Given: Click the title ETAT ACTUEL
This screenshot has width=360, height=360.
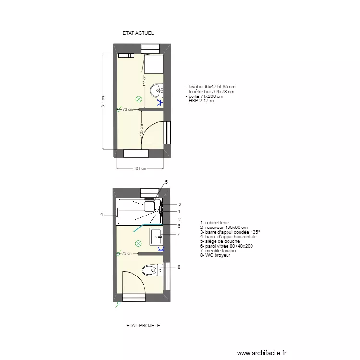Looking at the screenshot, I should pyautogui.click(x=138, y=33).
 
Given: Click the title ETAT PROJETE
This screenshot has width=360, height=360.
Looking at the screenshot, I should pyautogui.click(x=143, y=325).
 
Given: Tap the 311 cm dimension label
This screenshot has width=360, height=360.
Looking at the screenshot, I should pyautogui.click(x=103, y=100).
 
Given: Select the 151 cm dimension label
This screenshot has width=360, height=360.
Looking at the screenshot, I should pyautogui.click(x=140, y=168).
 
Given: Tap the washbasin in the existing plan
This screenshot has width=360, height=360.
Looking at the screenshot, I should pyautogui.click(x=157, y=90).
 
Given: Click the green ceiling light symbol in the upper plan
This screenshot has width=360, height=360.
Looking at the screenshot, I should pyautogui.click(x=139, y=99).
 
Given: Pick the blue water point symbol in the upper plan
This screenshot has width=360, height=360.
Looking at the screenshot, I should pyautogui.click(x=160, y=102).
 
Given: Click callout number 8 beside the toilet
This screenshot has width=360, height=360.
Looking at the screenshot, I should pyautogui.click(x=179, y=267).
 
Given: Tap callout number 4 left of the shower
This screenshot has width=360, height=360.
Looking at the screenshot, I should pyautogui.click(x=101, y=215).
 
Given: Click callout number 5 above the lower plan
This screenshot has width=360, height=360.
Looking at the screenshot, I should pyautogui.click(x=166, y=182).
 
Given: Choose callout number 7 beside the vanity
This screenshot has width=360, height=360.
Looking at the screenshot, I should pyautogui.click(x=178, y=234).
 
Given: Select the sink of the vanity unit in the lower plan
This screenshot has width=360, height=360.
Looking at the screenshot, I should pyautogui.click(x=156, y=236).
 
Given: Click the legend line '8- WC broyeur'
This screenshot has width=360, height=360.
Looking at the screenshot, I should pyautogui.click(x=216, y=255).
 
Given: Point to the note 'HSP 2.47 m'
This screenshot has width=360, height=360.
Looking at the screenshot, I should pyautogui.click(x=199, y=101).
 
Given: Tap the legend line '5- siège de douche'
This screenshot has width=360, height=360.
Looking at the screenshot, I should pyautogui.click(x=220, y=241).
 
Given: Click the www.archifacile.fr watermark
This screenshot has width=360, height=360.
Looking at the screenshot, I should pyautogui.click(x=262, y=353).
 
